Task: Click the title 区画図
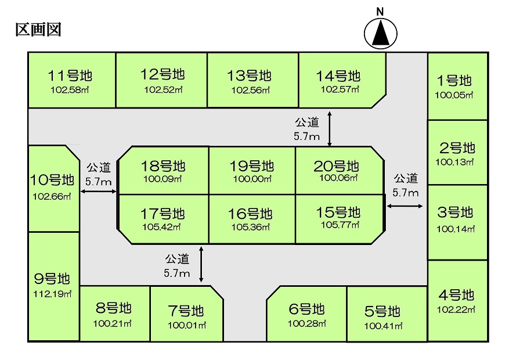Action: (38, 30)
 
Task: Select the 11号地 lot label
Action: (71, 76)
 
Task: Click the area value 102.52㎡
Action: (163, 90)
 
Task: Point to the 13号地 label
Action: (249, 76)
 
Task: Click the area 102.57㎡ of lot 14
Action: (340, 89)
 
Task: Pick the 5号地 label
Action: (382, 311)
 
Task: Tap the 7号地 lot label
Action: (186, 310)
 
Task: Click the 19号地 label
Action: (252, 165)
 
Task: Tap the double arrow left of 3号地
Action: (405, 206)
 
